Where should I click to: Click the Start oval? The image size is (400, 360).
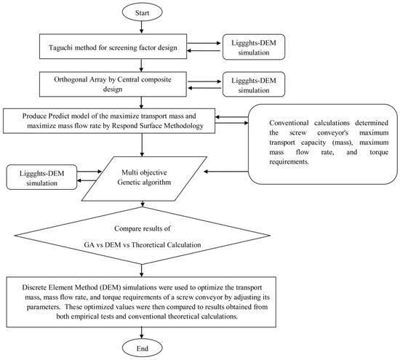(x=142, y=12)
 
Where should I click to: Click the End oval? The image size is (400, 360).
(x=142, y=348)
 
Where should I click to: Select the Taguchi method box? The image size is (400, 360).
(x=113, y=47)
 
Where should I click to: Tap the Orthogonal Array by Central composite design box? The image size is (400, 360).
(x=113, y=84)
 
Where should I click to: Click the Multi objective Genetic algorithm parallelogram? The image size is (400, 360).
(x=144, y=179)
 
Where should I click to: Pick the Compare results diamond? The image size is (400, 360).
(x=142, y=236)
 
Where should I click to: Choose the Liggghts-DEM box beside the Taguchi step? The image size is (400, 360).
(x=254, y=47)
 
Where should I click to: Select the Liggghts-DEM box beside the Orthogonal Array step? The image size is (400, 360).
(x=254, y=84)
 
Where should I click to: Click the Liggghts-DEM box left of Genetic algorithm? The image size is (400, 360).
(x=41, y=177)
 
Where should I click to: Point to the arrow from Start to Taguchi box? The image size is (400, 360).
(x=142, y=28)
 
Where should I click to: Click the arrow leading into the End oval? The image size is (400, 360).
(x=142, y=334)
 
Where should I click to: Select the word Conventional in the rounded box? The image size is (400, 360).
(x=289, y=123)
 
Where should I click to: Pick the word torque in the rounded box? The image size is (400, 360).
(x=379, y=152)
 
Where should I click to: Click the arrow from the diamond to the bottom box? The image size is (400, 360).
(x=142, y=271)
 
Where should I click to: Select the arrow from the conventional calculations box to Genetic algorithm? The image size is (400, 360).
(x=226, y=172)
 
